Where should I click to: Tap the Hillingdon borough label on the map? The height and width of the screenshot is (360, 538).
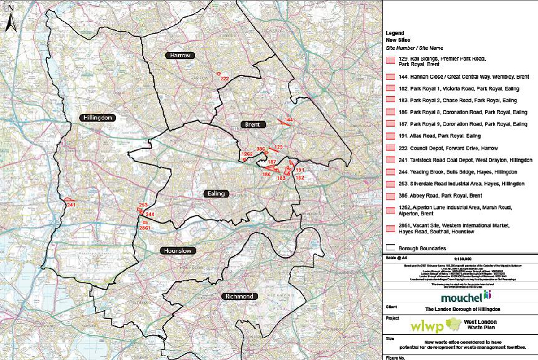pos(99,118)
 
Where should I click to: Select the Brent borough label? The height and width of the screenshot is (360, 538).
pos(252,124)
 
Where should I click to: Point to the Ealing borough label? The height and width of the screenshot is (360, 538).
pos(216,194)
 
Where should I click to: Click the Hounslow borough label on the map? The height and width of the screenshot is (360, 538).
pos(175,250)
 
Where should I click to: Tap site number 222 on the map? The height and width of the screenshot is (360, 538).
pos(225,79)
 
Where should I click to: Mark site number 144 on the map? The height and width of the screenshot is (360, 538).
pos(289,120)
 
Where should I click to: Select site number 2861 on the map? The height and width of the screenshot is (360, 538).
pos(144,228)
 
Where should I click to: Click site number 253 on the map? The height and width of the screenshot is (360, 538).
pos(143,205)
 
